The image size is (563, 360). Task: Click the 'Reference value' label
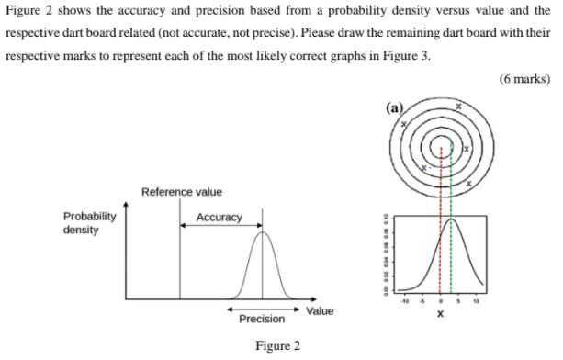click(x=181, y=192)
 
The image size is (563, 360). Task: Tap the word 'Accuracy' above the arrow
click(x=220, y=218)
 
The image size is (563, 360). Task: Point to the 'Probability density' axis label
click(x=89, y=223)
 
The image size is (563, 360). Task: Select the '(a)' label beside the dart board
click(x=395, y=107)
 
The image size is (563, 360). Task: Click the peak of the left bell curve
click(x=263, y=233)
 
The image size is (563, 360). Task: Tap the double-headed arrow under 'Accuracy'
click(x=220, y=227)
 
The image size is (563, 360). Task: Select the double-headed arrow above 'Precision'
click(x=262, y=309)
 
